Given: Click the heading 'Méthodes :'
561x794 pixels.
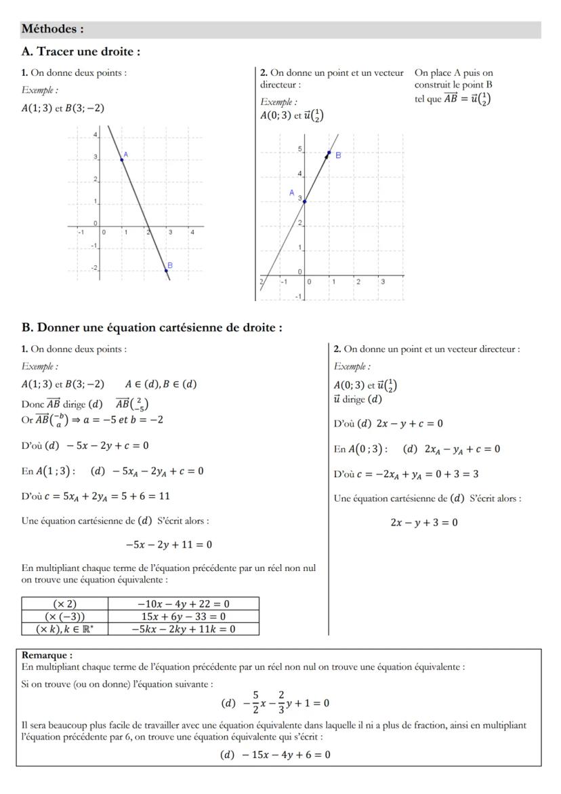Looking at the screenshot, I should coord(52,29).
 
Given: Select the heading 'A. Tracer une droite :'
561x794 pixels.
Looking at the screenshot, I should coord(81,52).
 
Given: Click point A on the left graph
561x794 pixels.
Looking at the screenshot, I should coord(122,159).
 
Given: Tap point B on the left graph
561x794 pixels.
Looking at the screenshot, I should coord(166,270).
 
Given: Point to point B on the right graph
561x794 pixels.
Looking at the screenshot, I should coord(329,153).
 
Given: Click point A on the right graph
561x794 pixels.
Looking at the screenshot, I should coord(304,201).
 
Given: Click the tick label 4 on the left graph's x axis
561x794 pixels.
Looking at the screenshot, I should coord(192,233).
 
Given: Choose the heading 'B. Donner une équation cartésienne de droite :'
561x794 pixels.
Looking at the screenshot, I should coord(152,327).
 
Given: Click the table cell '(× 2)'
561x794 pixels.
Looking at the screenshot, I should coord(65,603).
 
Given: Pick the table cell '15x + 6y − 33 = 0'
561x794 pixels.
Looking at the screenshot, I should coord(183,616).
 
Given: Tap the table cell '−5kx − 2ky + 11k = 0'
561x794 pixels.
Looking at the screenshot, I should coord(183,629).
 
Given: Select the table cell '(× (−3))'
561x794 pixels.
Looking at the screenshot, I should coord(65,616).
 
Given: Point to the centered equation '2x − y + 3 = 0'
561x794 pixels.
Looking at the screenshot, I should coord(423,523).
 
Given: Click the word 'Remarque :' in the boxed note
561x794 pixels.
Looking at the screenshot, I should coord(47,656).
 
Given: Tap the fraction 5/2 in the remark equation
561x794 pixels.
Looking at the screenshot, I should coord(255,702).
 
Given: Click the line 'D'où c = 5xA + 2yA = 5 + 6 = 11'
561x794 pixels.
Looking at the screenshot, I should coord(96,496).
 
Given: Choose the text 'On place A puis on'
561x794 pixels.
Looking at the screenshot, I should coord(453,73).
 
